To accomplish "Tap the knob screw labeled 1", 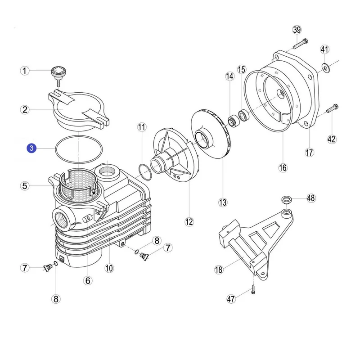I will [x=58, y=73].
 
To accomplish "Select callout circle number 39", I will [x=297, y=30].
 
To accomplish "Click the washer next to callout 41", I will [x=325, y=68].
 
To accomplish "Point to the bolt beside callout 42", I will [x=333, y=108].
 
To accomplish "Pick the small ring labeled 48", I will [x=286, y=199].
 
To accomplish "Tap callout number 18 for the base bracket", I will [x=219, y=270].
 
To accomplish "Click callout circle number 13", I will [x=223, y=202].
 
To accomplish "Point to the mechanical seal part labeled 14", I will [x=233, y=121].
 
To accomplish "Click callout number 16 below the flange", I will [x=282, y=168].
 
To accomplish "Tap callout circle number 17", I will [x=309, y=152].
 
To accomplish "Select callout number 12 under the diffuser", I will [x=189, y=221].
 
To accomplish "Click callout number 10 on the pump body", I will [x=108, y=269].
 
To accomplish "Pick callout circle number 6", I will [x=88, y=280].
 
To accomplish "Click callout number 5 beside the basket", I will [x=25, y=185].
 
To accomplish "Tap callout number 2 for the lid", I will [x=25, y=109].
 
